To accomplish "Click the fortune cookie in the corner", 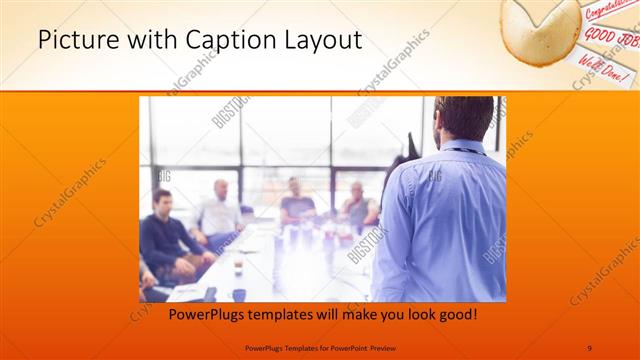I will click(540, 25).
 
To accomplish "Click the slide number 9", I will click(589, 347).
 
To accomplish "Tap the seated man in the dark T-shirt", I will click(296, 201).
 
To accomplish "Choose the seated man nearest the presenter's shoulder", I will click(357, 204).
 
